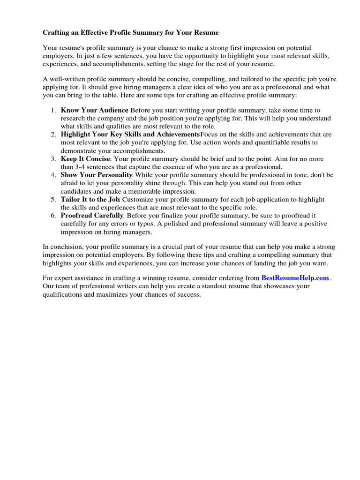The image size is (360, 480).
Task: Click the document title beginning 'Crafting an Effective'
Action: [131, 33]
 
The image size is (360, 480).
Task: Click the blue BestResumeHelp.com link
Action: [295, 277]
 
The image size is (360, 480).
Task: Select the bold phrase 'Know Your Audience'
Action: [94, 110]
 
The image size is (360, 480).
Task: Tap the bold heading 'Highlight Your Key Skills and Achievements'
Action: [130, 135]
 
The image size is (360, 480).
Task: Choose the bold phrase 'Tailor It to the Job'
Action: [90, 199]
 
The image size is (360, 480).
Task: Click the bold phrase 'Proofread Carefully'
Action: [92, 216]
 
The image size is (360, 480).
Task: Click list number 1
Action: [53, 110]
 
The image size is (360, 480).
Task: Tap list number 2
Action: [53, 135]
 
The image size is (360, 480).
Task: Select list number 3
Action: [53, 159]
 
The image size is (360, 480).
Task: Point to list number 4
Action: [53, 175]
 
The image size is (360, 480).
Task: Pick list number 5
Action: [53, 199]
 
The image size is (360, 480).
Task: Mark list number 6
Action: [53, 216]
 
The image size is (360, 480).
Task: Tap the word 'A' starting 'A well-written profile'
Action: [45, 79]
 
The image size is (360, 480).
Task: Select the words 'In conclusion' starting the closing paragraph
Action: [62, 247]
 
